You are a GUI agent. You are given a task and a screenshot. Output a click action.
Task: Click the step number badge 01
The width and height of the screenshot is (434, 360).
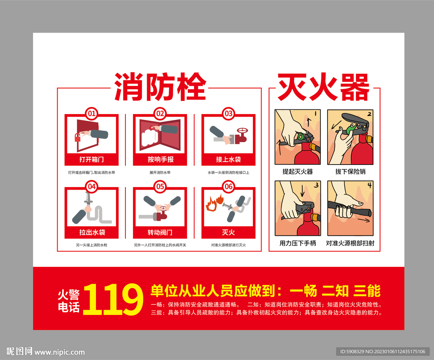click(x=92, y=114)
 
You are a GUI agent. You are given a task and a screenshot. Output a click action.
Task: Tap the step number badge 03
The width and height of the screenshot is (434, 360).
click(x=228, y=114)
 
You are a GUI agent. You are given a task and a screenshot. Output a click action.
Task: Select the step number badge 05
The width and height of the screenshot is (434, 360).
click(x=160, y=187)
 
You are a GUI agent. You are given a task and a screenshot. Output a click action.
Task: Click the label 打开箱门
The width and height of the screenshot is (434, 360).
click(x=92, y=159)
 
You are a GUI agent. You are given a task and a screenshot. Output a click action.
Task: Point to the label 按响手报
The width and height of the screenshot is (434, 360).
click(x=160, y=159)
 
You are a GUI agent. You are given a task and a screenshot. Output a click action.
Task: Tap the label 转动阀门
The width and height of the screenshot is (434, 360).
click(x=160, y=232)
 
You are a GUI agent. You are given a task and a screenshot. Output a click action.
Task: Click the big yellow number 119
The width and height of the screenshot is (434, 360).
click(x=113, y=299)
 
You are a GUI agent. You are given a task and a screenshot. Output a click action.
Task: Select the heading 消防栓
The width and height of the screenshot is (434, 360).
click(x=160, y=87)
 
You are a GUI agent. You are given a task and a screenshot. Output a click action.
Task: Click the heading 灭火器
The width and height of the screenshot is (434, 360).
click(x=323, y=87)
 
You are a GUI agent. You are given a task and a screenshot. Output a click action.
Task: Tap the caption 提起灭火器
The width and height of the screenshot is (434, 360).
click(x=298, y=172)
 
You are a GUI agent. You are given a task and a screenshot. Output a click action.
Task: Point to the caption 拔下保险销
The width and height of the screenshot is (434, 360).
click(x=351, y=172)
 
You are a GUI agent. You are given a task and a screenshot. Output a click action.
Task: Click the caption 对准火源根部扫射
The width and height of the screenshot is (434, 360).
click(x=350, y=243)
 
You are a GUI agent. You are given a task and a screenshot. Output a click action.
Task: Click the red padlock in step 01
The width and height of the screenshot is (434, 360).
click(x=78, y=137)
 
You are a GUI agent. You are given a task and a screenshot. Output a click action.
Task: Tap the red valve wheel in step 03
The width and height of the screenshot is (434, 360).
click(x=242, y=131)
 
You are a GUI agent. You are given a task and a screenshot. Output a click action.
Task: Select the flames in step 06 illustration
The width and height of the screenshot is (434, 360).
click(x=215, y=203)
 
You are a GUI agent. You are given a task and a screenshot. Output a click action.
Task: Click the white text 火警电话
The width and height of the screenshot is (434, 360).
click(x=69, y=301)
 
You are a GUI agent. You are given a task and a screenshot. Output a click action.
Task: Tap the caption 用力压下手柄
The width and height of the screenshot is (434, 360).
click(x=298, y=243)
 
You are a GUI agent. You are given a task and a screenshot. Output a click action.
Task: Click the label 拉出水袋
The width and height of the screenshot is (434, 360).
click(x=92, y=232)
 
